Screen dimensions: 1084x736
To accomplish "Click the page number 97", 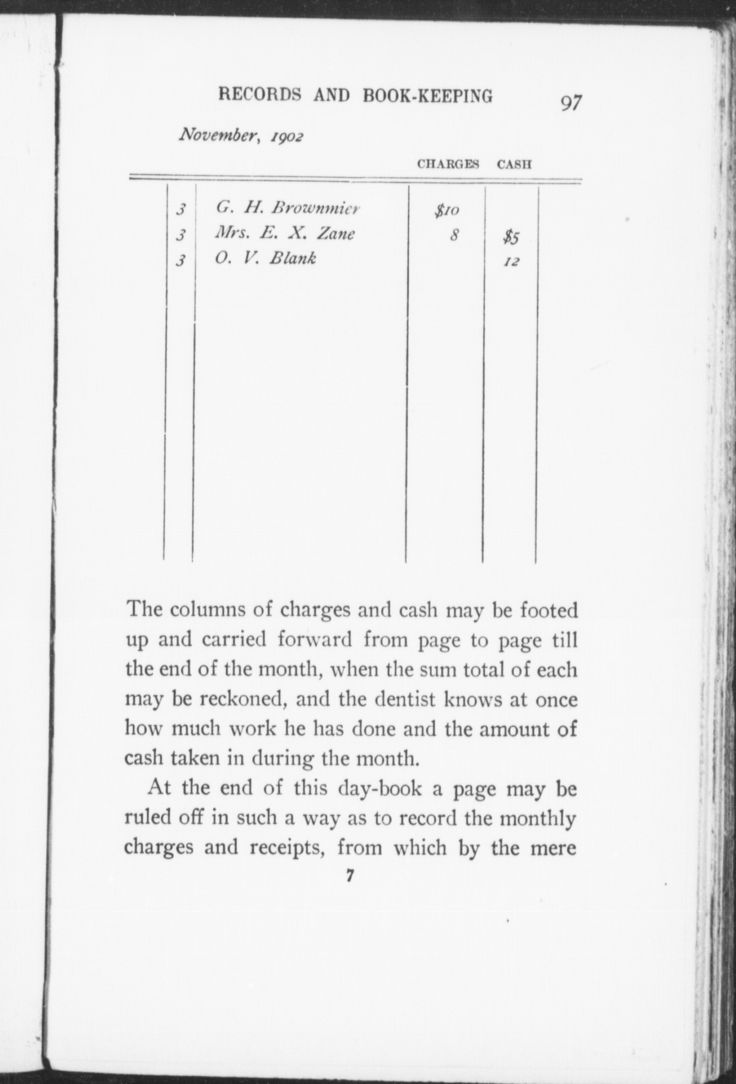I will tap(571, 103).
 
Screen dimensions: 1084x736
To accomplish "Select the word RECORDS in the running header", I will tap(259, 95).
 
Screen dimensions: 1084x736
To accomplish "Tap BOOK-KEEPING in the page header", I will tap(427, 96).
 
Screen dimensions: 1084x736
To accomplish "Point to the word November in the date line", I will tap(214, 134).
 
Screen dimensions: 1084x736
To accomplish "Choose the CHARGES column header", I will tap(448, 164).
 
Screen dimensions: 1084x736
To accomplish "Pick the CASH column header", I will tap(514, 164).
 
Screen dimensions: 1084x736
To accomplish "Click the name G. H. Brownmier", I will tap(288, 208).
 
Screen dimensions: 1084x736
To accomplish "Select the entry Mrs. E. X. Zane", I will tap(284, 234).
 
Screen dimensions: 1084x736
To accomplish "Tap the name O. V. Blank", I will tap(266, 258).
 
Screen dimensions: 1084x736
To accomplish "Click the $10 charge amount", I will tap(447, 210).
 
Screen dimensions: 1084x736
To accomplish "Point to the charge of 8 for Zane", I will tap(454, 236).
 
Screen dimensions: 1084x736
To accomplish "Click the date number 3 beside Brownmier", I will tap(180, 210).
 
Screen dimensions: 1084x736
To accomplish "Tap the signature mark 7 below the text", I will tap(349, 876).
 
